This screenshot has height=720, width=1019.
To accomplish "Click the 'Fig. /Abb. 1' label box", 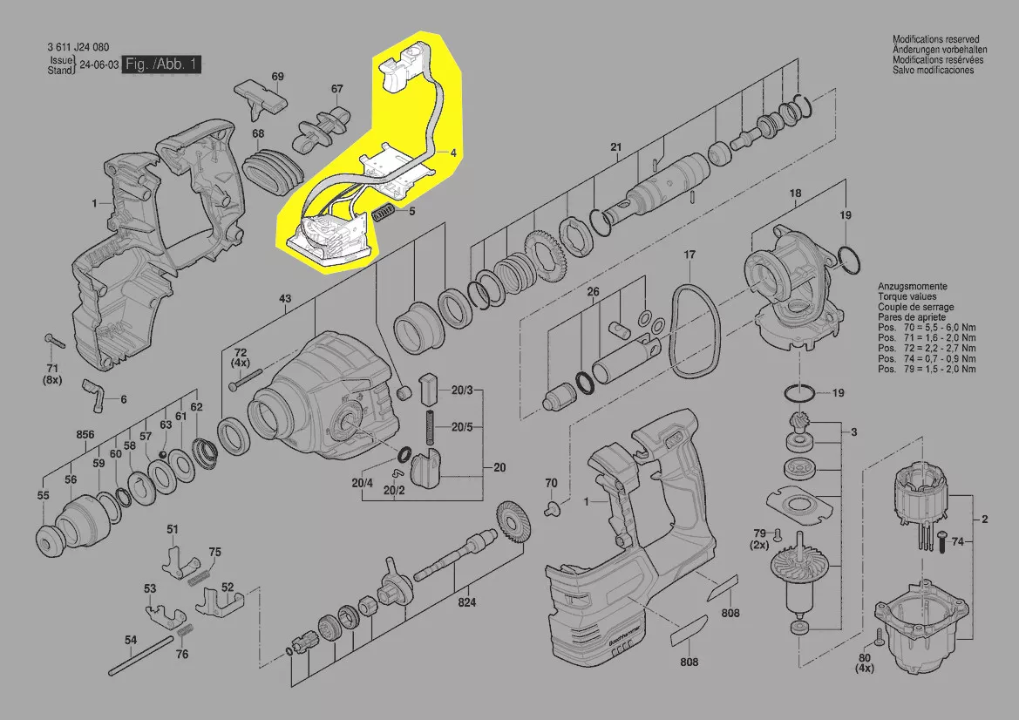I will (162, 65).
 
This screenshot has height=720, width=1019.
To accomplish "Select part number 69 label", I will (277, 77).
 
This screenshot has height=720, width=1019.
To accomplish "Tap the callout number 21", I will (615, 146).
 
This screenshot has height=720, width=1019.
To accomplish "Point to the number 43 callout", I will (284, 300).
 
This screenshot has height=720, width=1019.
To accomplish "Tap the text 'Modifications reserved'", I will (935, 40).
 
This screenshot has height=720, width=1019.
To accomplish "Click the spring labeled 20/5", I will (430, 426).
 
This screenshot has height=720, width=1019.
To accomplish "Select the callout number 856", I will (85, 434).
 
